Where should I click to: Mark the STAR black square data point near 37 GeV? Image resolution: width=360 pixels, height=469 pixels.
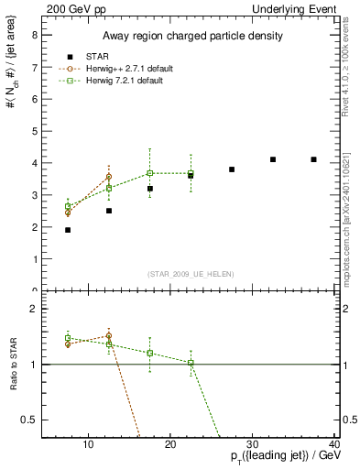(313, 159)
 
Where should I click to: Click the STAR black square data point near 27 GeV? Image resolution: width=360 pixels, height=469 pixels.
(232, 169)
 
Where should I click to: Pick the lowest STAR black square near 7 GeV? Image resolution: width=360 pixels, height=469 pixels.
(68, 230)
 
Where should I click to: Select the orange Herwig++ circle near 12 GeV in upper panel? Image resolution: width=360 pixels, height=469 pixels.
(109, 176)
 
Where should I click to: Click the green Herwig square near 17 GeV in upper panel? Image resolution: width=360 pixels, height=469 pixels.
(150, 173)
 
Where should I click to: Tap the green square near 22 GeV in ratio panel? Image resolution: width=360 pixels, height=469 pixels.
(191, 363)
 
